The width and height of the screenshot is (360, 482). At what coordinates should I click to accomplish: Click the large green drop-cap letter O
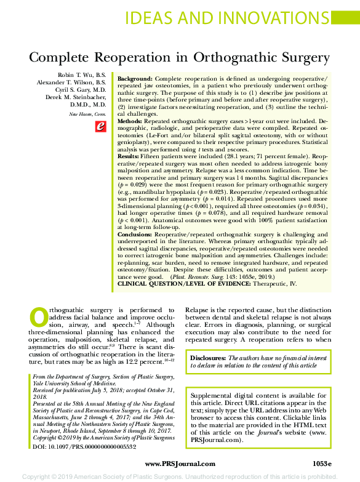click(x=39, y=317)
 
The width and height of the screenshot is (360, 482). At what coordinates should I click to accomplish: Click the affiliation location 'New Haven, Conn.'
click(x=87, y=114)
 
